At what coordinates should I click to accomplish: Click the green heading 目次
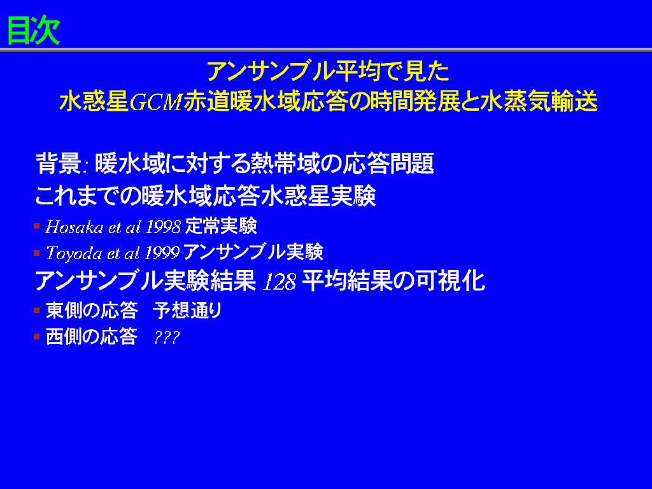[34, 31]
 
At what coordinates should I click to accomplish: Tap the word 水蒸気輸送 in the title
[539, 101]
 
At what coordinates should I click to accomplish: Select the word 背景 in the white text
[59, 163]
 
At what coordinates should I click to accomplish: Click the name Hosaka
[74, 227]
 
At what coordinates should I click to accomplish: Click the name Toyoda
[74, 253]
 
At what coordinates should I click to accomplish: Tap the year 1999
[162, 253]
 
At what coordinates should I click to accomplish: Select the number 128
[280, 282]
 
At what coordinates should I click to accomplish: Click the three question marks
[167, 337]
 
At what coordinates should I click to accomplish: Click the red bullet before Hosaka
[36, 226]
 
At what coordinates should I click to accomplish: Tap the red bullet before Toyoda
[36, 252]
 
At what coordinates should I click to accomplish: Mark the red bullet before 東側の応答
[36, 310]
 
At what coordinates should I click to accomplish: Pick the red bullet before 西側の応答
[36, 336]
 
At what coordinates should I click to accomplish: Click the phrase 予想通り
[188, 310]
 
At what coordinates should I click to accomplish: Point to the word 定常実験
[221, 227]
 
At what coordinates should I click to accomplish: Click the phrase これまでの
[88, 196]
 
